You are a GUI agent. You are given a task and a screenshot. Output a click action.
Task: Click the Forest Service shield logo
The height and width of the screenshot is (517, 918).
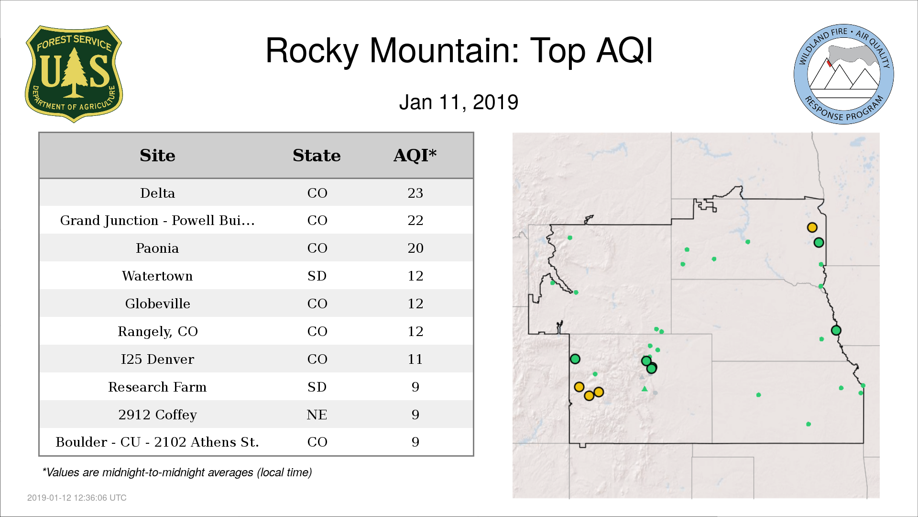[74, 74]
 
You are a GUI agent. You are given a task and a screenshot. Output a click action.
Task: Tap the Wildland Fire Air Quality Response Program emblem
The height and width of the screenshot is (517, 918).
[844, 74]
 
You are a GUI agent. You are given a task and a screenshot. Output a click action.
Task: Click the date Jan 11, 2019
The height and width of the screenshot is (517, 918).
[459, 102]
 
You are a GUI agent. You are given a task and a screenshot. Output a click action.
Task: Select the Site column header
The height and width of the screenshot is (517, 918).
[157, 156]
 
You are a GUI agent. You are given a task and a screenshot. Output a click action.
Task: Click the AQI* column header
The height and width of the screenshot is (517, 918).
[415, 156]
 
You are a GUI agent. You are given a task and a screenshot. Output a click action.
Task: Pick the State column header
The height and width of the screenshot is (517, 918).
[317, 156]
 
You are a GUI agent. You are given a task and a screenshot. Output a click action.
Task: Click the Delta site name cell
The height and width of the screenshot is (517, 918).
[157, 193]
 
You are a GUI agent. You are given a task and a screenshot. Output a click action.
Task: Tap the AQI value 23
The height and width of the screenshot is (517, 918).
[415, 193]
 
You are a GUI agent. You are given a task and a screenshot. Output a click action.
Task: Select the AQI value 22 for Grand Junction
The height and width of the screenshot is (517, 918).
[415, 221]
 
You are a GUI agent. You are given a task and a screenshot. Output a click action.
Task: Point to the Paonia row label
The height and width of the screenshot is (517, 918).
[157, 248]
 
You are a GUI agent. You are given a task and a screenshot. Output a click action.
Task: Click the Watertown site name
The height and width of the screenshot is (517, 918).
[157, 276]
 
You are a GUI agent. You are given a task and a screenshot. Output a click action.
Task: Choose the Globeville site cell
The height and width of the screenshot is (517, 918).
[157, 304]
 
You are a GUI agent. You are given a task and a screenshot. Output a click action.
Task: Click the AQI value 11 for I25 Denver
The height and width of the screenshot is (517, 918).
[415, 360]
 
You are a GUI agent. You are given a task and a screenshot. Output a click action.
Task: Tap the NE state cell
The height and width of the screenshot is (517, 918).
[317, 415]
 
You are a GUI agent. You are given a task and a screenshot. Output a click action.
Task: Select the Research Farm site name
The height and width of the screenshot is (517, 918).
[157, 387]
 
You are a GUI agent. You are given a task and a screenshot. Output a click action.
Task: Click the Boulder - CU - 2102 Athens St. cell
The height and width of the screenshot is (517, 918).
[157, 442]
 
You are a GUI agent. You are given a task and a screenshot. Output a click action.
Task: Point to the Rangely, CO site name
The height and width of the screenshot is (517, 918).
[157, 332]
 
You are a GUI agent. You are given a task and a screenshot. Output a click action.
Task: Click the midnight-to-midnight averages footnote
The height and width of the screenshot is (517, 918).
[177, 473]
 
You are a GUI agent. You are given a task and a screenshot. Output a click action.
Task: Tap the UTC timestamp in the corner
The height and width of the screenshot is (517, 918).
[77, 498]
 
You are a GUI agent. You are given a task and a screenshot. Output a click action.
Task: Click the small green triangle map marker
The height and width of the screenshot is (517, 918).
[645, 389]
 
